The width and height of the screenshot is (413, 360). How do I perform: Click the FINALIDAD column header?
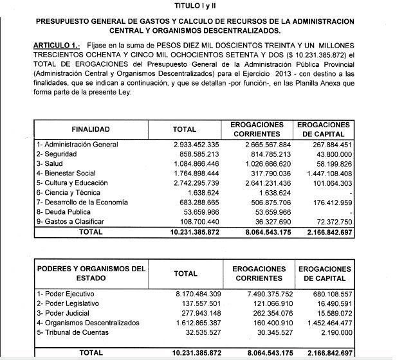tap(91, 129)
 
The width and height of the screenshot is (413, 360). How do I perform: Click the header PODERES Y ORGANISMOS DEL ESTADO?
tap(91, 273)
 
